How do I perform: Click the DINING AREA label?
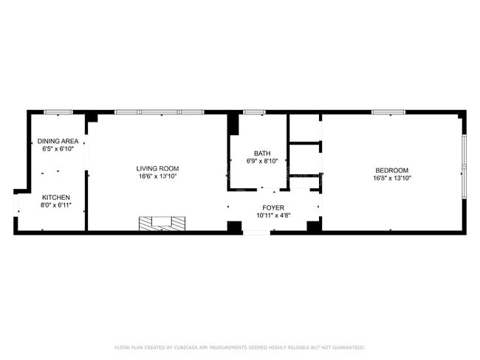tap(58, 140)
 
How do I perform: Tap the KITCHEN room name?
tap(55, 197)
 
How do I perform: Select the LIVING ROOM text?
tap(158, 168)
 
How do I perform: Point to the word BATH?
tap(262, 153)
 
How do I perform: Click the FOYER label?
tap(273, 208)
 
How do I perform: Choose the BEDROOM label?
tap(391, 170)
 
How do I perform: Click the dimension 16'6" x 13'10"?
tap(158, 177)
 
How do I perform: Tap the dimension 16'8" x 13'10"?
tap(391, 179)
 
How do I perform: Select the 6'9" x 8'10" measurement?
tap(262, 162)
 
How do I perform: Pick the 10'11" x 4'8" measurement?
tap(273, 216)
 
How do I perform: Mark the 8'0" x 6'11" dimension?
tap(55, 205)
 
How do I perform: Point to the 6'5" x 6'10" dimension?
tap(58, 148)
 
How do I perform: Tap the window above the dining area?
tap(57, 112)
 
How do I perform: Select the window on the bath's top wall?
tap(254, 112)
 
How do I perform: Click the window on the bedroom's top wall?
tap(388, 112)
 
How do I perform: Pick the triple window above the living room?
tap(159, 112)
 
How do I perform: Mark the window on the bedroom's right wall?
tap(463, 166)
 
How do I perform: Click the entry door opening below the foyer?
tap(256, 233)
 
